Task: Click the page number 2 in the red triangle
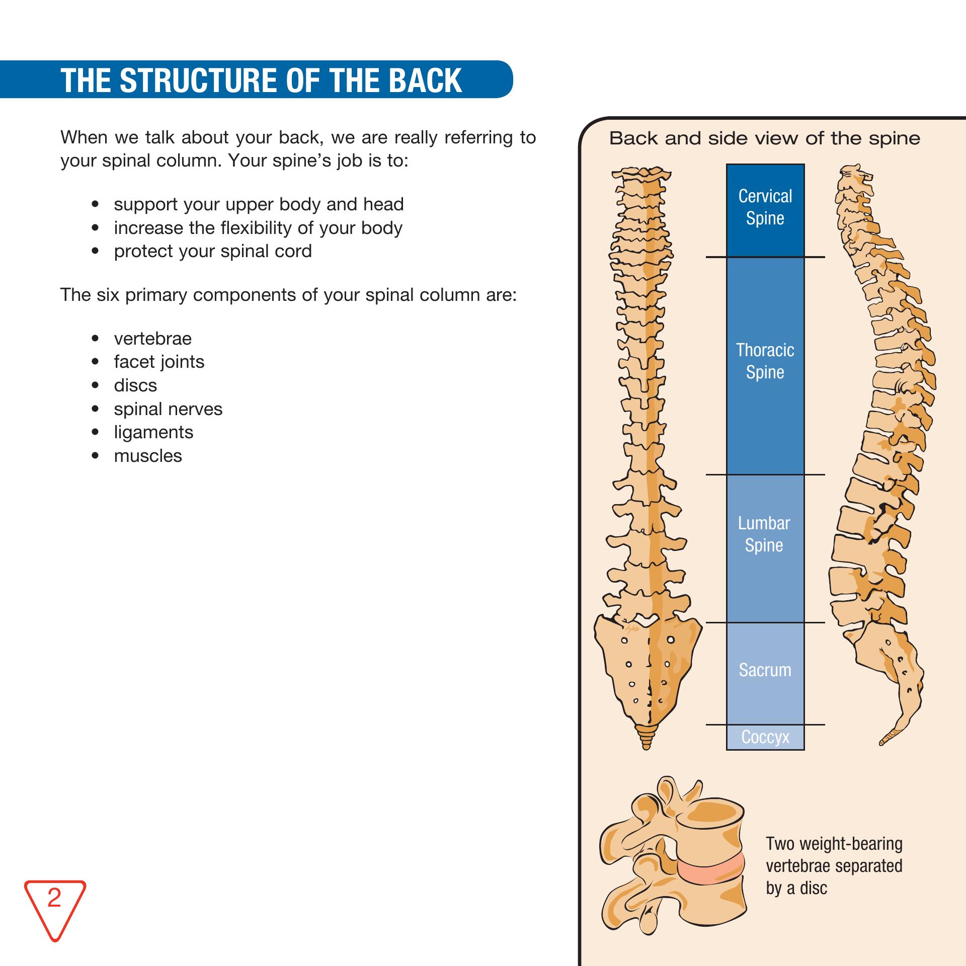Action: pyautogui.click(x=54, y=898)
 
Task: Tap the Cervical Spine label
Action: pyautogui.click(x=765, y=207)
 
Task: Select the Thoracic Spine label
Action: pyautogui.click(x=765, y=361)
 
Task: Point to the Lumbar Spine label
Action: pyautogui.click(x=764, y=534)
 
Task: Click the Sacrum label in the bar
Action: pyautogui.click(x=765, y=670)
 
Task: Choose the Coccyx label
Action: pyautogui.click(x=765, y=737)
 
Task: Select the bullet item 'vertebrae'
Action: pyautogui.click(x=152, y=339)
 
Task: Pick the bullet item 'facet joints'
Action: pyautogui.click(x=159, y=362)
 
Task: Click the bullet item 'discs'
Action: pyautogui.click(x=135, y=385)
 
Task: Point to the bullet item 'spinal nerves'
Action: pyautogui.click(x=168, y=409)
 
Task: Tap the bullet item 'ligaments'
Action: pyautogui.click(x=153, y=432)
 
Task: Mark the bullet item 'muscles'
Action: pyautogui.click(x=148, y=456)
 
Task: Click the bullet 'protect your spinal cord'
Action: pyautogui.click(x=213, y=251)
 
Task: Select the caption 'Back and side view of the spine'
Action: pyautogui.click(x=764, y=138)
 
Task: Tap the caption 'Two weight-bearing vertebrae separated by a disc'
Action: pyautogui.click(x=834, y=866)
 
